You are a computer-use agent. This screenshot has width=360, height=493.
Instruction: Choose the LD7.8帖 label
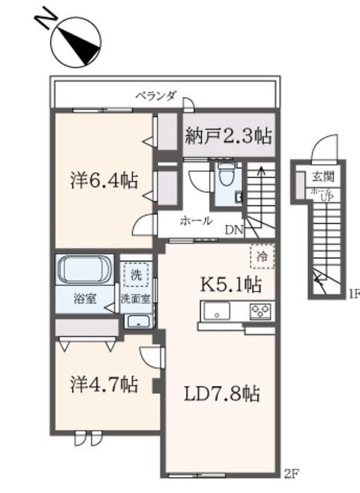point(220,394)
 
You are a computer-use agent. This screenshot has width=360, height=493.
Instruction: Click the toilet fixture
point(226,176)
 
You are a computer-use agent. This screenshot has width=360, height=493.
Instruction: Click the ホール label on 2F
point(197,220)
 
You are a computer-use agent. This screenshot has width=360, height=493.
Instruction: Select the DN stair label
point(234,229)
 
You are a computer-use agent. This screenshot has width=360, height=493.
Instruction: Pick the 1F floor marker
point(354,293)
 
